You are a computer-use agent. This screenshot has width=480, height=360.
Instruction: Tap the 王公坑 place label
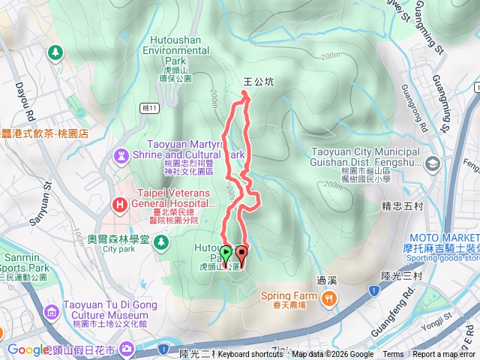click(x=255, y=82)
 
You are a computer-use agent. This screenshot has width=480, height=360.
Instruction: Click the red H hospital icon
click(x=118, y=203)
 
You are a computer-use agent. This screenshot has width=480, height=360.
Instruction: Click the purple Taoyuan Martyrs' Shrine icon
click(x=120, y=155)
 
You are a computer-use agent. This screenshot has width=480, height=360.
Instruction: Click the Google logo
click(x=28, y=349)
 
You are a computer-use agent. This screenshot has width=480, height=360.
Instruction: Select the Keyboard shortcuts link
click(x=250, y=355)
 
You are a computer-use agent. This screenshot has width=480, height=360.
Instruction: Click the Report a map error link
click(x=444, y=355)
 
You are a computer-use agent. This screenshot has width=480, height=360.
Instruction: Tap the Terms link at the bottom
click(x=393, y=355)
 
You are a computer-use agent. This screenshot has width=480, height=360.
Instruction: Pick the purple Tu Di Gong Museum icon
click(x=51, y=311)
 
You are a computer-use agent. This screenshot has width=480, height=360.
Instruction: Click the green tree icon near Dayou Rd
click(x=54, y=52)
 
